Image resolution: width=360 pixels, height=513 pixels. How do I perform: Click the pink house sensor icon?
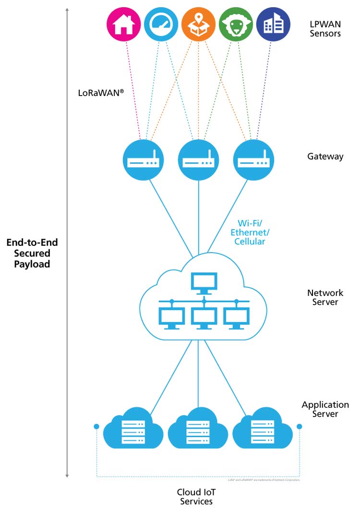[x=123, y=24]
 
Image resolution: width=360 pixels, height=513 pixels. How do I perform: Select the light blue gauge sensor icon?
[x=161, y=24]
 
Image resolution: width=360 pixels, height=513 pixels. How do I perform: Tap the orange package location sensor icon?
[x=198, y=24]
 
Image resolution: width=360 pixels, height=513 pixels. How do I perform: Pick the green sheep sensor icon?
[x=236, y=24]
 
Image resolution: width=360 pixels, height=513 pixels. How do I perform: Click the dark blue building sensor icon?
[x=273, y=24]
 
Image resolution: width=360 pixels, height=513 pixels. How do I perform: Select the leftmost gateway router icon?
[x=144, y=161]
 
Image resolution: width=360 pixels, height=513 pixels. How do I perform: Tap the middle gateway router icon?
[x=198, y=161]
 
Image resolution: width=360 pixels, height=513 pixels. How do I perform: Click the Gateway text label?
[x=325, y=157]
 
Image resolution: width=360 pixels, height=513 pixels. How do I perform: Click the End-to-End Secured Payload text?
[x=32, y=254]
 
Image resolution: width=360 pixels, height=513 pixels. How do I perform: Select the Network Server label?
[x=325, y=297]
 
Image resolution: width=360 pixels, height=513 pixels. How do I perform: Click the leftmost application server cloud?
[x=133, y=428]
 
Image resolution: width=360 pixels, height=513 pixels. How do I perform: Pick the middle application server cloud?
[x=198, y=428]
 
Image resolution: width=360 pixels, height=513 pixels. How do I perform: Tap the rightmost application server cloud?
[x=263, y=428]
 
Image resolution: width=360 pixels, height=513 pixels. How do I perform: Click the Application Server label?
[x=325, y=409]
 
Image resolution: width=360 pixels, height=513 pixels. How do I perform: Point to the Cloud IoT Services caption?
[x=196, y=497]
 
